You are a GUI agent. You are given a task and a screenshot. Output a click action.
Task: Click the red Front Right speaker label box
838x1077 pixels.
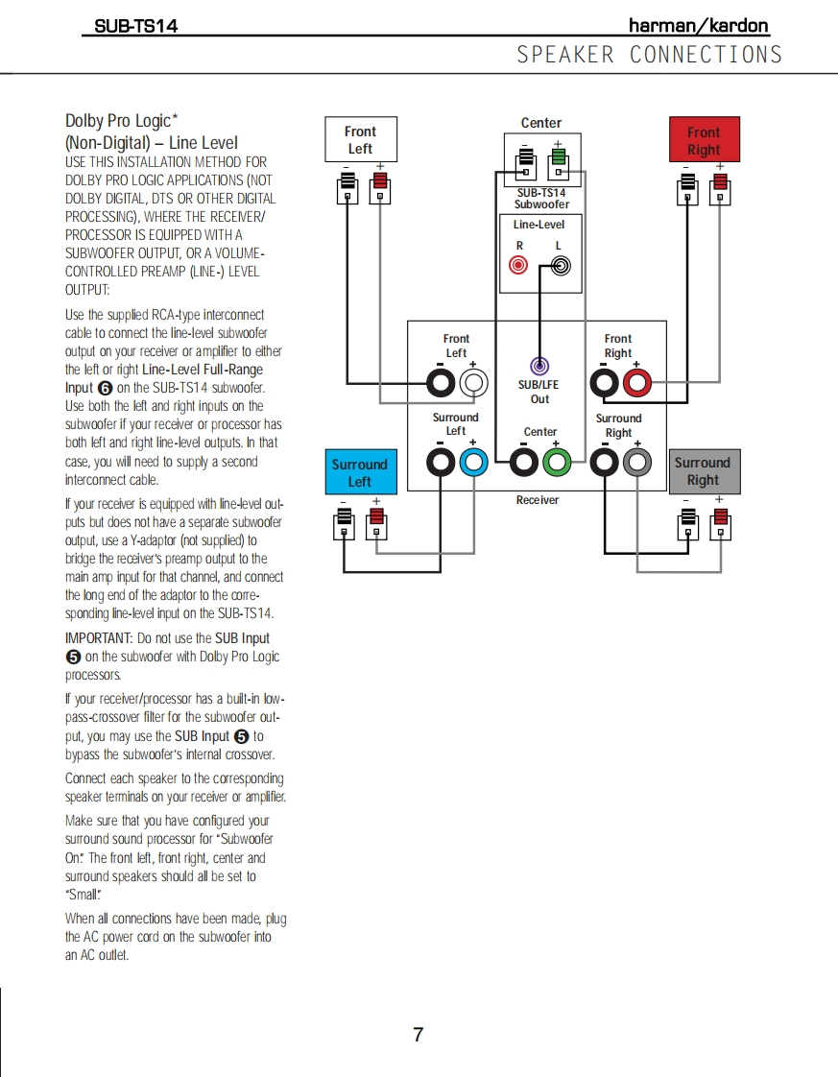pos(703,141)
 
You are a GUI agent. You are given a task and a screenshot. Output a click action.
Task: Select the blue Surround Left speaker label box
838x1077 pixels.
pos(359,472)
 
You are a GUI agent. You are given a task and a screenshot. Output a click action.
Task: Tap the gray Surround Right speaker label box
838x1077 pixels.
pos(703,470)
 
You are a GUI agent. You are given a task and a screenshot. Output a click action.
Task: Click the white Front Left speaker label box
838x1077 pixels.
pos(360,140)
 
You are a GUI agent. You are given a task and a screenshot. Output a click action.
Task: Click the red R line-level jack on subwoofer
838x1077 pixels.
pos(519,265)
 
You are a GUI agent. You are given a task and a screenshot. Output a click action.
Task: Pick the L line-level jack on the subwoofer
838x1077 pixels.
pos(560,265)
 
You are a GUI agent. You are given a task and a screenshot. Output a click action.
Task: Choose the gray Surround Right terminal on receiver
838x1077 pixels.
pos(637,464)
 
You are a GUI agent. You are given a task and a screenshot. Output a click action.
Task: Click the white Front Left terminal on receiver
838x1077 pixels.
pos(473,384)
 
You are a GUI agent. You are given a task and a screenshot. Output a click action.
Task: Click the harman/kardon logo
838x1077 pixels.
pos(698,26)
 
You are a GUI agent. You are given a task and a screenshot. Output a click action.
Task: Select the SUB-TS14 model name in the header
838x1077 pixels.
pos(135,27)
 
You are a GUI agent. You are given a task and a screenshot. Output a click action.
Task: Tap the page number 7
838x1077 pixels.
pos(418,1035)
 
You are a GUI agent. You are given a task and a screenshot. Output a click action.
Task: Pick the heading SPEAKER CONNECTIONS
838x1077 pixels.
pos(650,55)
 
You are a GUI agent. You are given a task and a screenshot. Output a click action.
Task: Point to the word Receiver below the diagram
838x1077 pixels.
pos(537,500)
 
